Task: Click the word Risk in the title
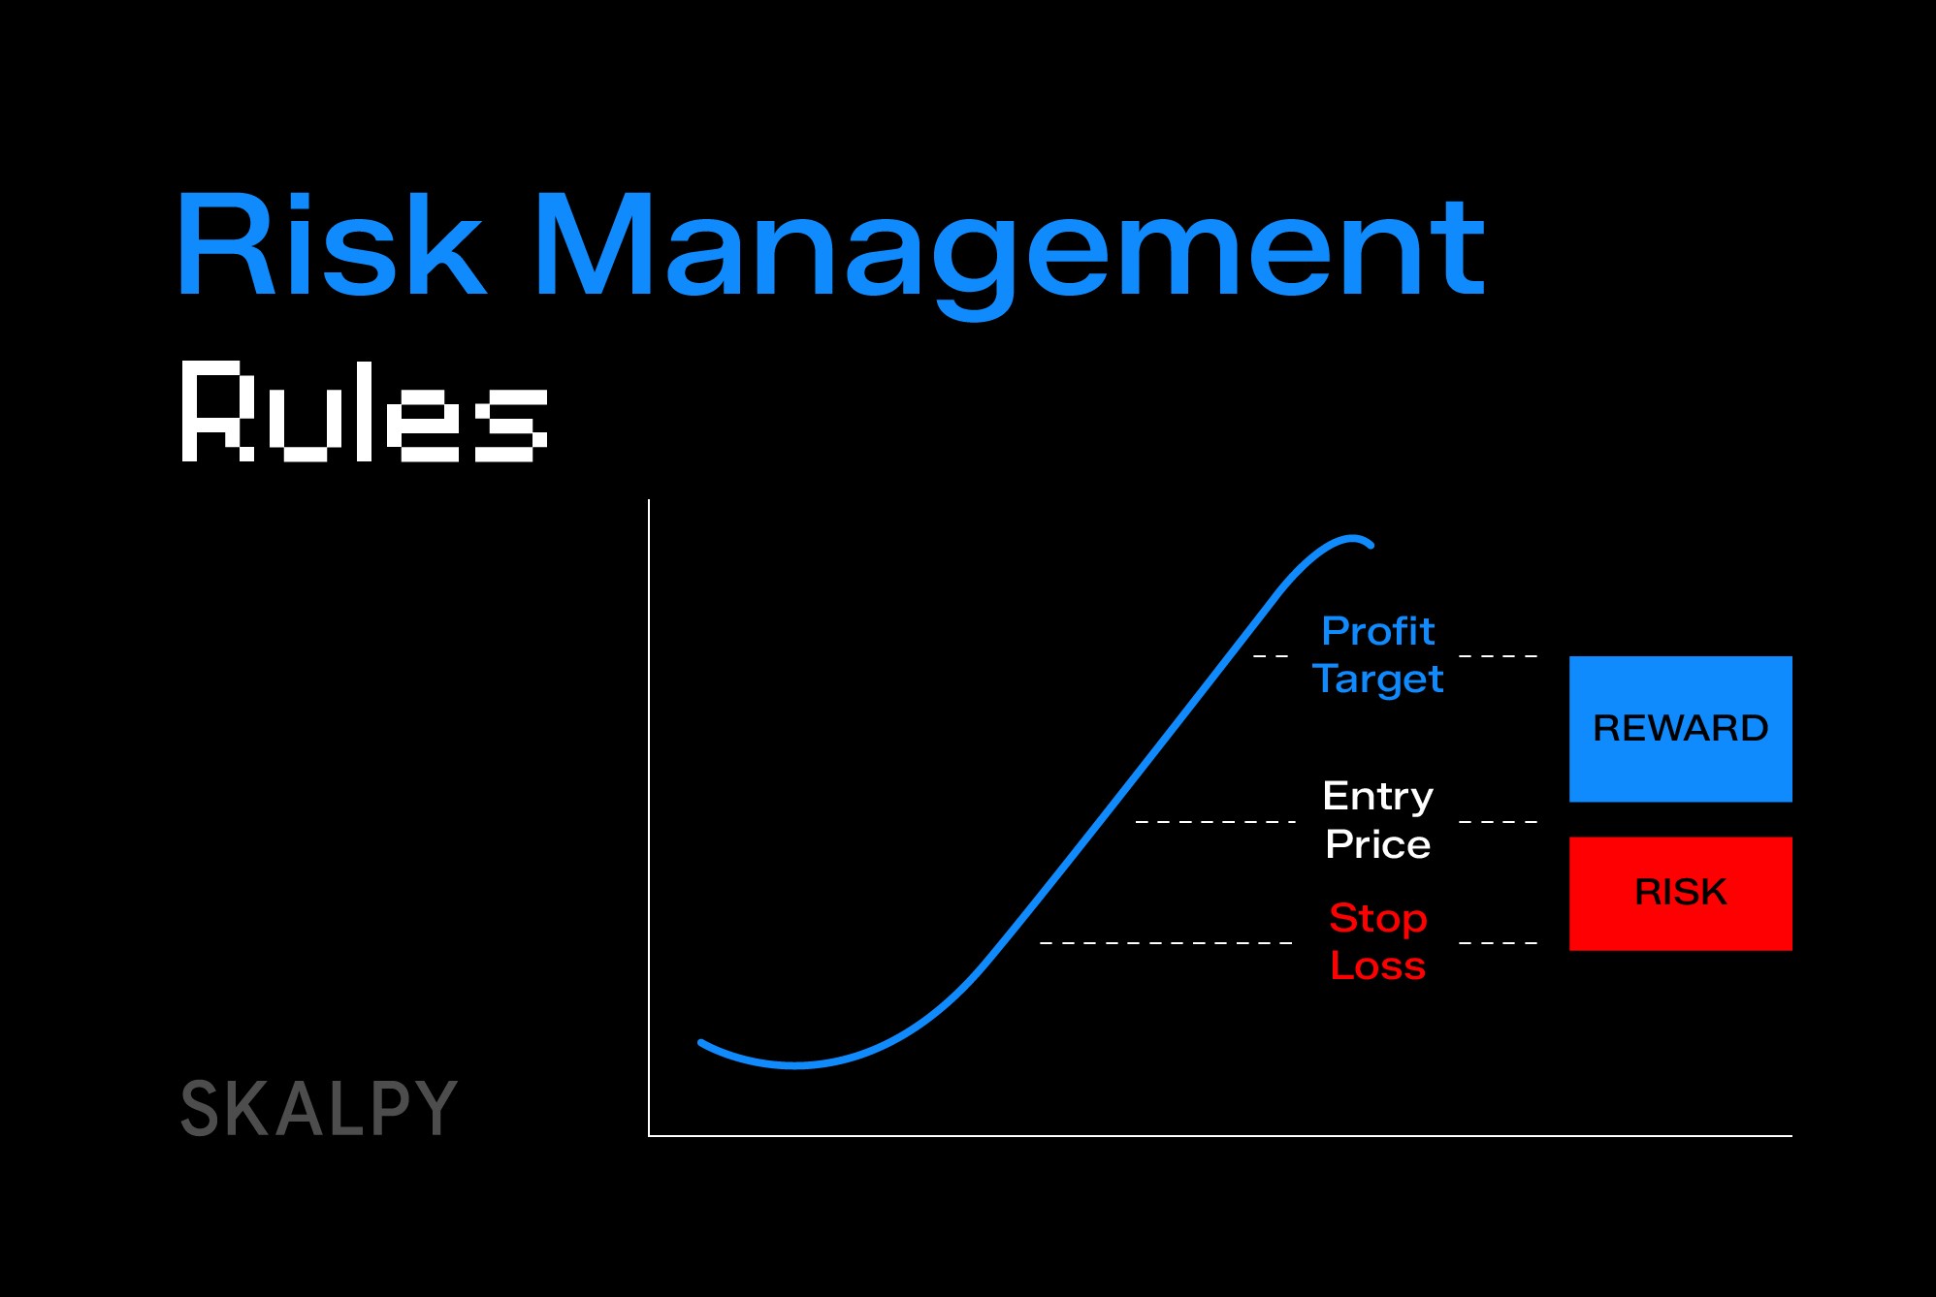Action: [330, 244]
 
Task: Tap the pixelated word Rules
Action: [364, 411]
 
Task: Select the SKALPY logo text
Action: [318, 1108]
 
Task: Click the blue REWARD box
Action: [1680, 728]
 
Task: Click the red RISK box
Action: [1680, 893]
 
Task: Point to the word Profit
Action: [1377, 631]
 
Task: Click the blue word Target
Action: [1377, 680]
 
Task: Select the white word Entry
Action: [1377, 797]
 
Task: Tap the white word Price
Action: [1377, 844]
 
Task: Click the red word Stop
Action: [1377, 918]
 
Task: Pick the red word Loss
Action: [1377, 965]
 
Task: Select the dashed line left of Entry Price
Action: [1215, 821]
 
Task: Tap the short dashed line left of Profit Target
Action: [1271, 656]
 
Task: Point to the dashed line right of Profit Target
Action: [1498, 656]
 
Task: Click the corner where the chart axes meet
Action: [649, 1134]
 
